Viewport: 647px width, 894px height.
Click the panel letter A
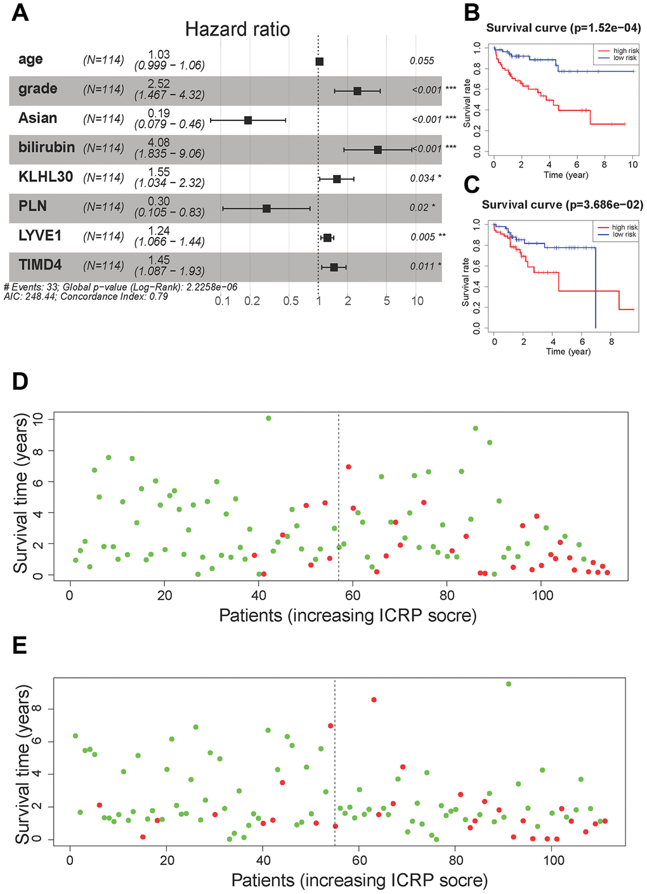(20, 12)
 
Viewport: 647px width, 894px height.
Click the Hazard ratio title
(237, 29)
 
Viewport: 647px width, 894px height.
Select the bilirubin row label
(46, 148)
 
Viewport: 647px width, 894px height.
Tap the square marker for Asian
(248, 120)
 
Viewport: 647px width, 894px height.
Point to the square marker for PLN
(266, 208)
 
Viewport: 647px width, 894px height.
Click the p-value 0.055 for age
(422, 61)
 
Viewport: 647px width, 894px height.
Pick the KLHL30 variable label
(46, 177)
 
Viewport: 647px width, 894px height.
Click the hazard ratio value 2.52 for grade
(159, 84)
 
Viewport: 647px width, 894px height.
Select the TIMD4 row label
(40, 265)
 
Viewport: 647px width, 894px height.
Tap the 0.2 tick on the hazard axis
(252, 301)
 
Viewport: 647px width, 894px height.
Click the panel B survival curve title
(563, 28)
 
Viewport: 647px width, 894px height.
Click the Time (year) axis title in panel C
(568, 351)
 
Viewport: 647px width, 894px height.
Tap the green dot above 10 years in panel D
(268, 418)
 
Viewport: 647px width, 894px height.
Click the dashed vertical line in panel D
(339, 495)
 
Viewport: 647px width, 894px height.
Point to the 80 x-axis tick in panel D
(447, 595)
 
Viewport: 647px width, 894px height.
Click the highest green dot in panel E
(508, 683)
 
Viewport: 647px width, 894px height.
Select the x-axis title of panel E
(359, 881)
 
